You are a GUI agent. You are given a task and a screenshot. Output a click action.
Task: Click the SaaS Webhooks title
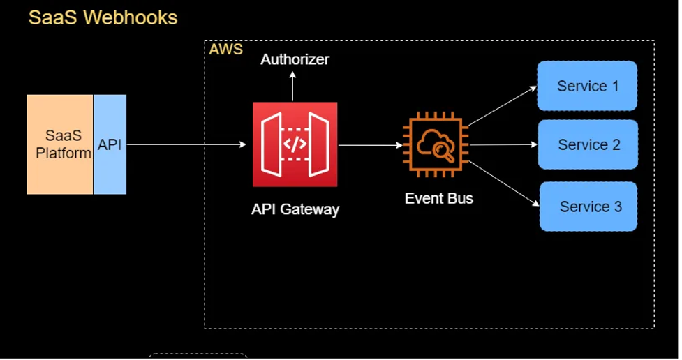click(x=103, y=17)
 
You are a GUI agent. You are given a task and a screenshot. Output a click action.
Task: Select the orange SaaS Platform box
click(x=60, y=144)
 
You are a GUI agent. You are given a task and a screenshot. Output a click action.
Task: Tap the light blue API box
click(x=110, y=144)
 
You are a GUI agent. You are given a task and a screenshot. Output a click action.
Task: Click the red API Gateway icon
click(x=295, y=144)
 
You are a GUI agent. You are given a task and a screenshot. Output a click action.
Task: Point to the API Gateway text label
click(x=295, y=209)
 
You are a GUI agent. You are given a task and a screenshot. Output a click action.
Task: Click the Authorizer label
click(x=295, y=59)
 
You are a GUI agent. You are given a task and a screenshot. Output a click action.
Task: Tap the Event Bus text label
click(x=438, y=198)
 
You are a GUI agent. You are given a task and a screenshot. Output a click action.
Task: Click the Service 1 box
click(x=587, y=86)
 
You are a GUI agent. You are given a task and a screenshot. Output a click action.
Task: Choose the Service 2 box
click(x=587, y=145)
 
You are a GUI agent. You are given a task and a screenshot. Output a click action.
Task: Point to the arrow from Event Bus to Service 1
click(x=501, y=107)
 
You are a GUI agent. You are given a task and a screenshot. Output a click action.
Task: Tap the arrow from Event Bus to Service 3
click(x=503, y=183)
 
